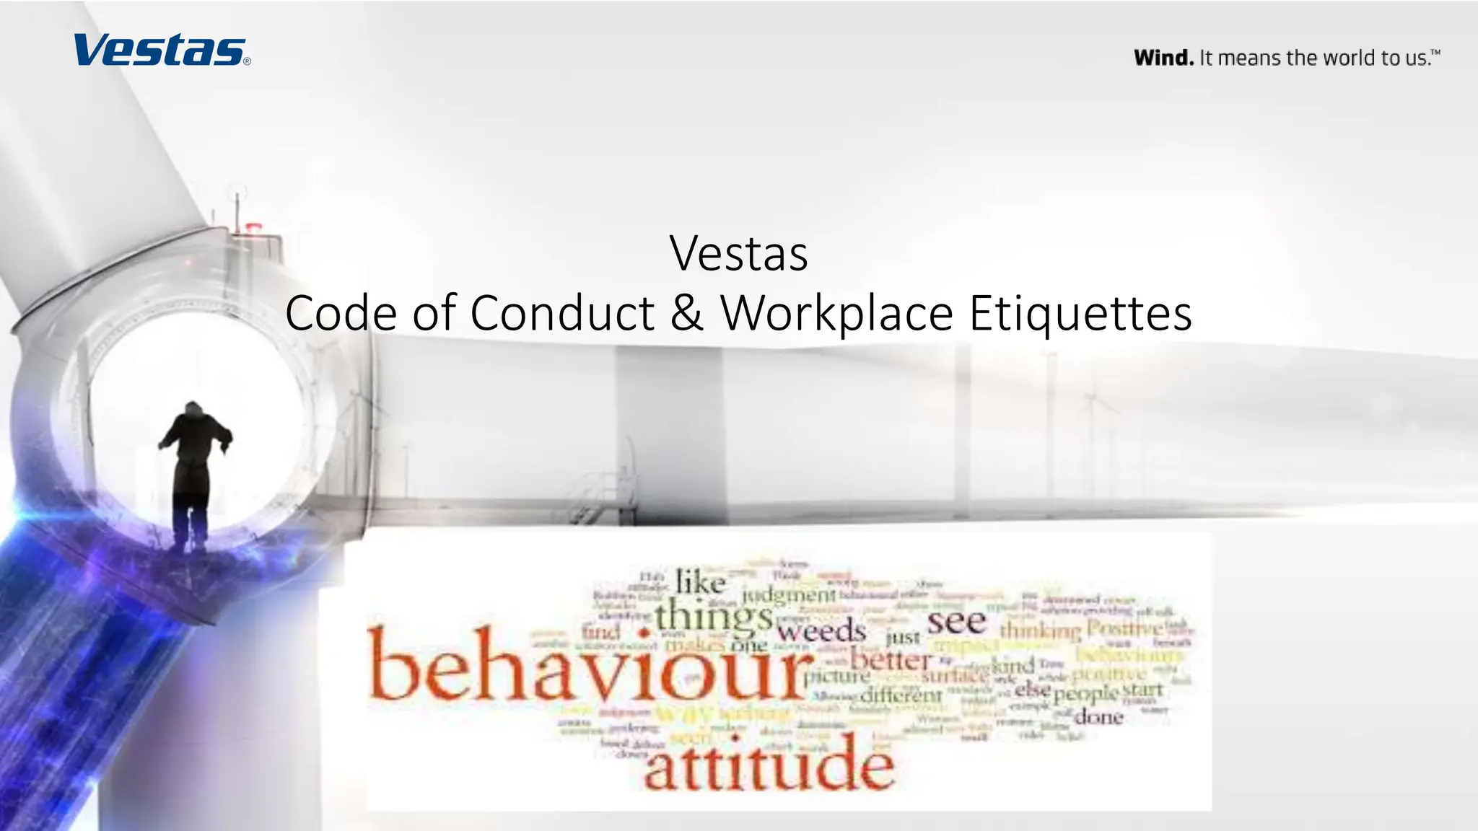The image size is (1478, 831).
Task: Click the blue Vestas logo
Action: pos(161,50)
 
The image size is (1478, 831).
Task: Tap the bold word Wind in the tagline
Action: pos(1163,58)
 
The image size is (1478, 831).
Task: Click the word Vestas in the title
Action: pos(738,254)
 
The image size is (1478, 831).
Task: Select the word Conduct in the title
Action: pos(562,313)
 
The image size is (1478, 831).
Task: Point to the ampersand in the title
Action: pos(686,313)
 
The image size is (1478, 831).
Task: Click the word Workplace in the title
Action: pos(837,313)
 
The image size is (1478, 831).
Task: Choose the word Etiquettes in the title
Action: pos(1080,313)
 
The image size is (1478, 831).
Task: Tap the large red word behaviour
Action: pos(588,664)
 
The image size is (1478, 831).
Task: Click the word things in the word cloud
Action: pos(713,616)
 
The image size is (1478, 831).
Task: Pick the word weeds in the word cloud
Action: pos(821,632)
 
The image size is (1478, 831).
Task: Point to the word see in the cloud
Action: pos(956,621)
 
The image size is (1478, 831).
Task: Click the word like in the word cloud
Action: pos(700,582)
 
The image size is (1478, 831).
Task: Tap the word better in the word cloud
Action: pos(891,659)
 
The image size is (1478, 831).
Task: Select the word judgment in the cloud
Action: pos(788,595)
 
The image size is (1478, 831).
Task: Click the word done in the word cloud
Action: pos(1098,717)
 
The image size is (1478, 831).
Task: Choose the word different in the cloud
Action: pos(901,695)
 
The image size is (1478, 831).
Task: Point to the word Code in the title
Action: pos(341,313)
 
